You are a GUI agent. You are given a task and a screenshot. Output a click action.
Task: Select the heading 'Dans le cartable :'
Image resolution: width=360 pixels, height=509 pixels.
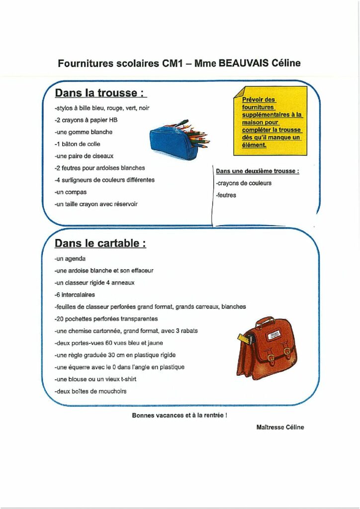coord(100,244)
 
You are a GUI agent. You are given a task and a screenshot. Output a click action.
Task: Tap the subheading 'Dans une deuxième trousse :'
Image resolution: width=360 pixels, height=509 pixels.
coord(258,171)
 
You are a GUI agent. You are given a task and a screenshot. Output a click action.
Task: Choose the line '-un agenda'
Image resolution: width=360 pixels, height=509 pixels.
coord(70,259)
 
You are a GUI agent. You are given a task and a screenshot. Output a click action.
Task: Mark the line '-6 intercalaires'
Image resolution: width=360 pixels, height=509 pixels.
coord(75,295)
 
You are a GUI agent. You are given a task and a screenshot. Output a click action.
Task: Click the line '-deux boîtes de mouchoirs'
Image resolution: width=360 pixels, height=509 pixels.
coord(90,391)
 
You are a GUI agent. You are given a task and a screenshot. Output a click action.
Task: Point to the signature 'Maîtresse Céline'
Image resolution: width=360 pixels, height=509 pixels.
coord(280,427)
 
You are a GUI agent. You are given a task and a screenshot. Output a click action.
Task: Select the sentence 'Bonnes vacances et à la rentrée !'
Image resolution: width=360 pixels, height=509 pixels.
coord(180,416)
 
